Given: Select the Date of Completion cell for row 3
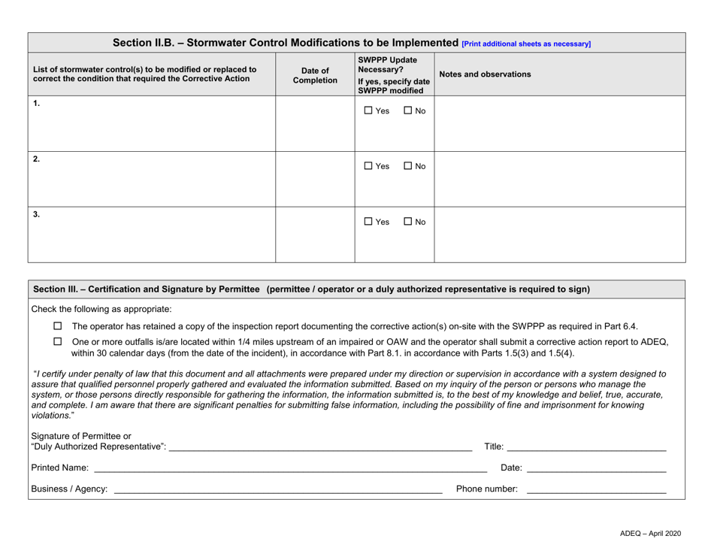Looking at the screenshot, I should (x=315, y=234).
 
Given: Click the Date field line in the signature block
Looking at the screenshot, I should (x=595, y=468).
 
